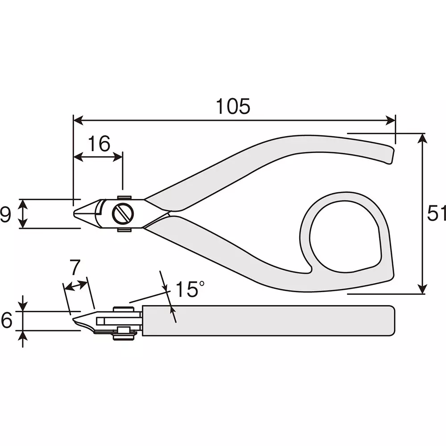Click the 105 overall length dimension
click(233, 107)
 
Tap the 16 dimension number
click(99, 143)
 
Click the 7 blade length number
click(75, 267)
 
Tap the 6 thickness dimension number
click(6, 320)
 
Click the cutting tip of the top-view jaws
click(74, 214)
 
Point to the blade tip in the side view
click(74, 320)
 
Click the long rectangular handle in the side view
click(268, 321)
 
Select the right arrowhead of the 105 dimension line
click(391, 120)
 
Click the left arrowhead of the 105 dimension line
click(78, 120)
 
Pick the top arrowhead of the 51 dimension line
click(423, 138)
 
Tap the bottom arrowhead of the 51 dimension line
click(423, 289)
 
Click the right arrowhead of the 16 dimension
click(118, 157)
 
